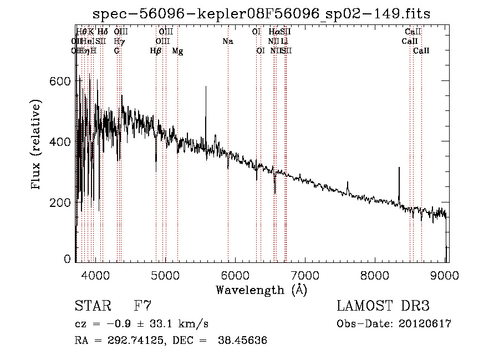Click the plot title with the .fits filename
tap(261, 13)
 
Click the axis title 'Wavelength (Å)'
tap(261, 290)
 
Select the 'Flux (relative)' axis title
tap(37, 145)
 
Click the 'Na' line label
tap(227, 41)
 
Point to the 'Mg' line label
tap(177, 51)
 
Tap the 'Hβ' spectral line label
tap(156, 51)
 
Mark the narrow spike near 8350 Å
tap(399, 169)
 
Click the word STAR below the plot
tap(92, 306)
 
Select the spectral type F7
tap(142, 306)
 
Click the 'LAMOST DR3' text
tap(383, 306)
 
